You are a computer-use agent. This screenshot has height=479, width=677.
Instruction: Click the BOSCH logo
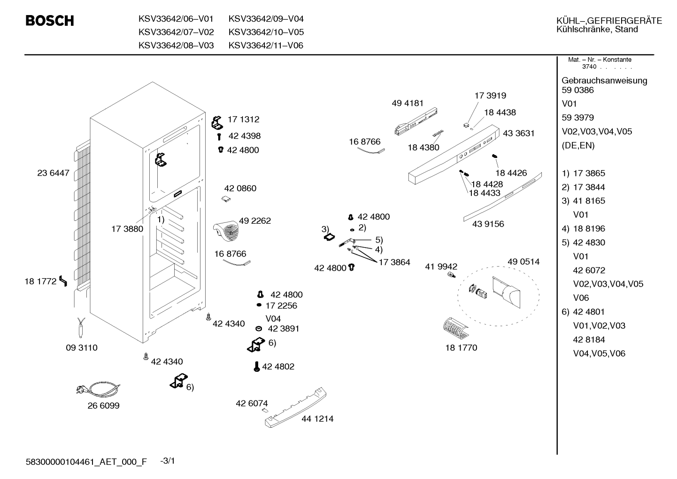coord(50,21)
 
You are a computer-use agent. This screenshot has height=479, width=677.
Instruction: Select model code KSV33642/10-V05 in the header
coord(266,32)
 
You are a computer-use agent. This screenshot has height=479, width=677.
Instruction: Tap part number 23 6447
coord(53,173)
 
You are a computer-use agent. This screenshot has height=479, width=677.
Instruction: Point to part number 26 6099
coord(103,406)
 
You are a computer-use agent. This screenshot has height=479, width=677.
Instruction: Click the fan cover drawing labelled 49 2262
coord(226,231)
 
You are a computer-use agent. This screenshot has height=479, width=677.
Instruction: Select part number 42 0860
coord(240,188)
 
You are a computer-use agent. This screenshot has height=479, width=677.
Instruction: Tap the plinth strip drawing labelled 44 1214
coord(296,407)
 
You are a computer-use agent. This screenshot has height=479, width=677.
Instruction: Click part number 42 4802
coord(278,367)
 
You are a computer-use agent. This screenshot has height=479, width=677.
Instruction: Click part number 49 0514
coord(523,261)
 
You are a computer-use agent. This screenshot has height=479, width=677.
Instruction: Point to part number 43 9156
coord(488,224)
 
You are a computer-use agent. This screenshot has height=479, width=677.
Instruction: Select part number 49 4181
coord(408,103)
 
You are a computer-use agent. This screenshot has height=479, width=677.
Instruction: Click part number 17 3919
coord(490,95)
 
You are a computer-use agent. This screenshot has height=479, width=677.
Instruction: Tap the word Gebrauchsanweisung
coord(604,81)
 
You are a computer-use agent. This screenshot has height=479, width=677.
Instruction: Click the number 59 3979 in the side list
coord(577,118)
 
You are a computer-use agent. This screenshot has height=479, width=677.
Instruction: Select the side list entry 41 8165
coord(589,201)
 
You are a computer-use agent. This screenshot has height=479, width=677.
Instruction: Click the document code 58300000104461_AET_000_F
coord(86,462)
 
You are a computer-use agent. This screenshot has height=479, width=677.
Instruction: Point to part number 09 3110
coord(82,348)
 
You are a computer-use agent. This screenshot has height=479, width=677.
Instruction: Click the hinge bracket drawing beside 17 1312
coord(217,123)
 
